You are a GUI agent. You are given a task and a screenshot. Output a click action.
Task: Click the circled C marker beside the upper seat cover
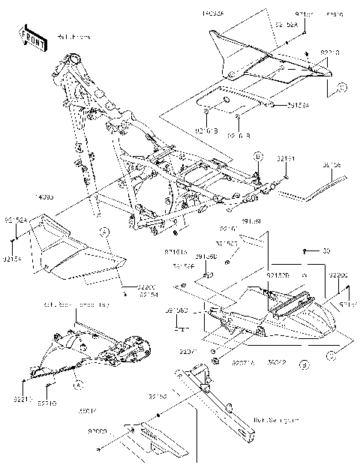[341, 88]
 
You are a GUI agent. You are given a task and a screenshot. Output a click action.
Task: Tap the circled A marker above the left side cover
[106, 230]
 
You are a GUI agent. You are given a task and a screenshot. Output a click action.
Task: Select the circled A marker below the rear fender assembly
[304, 365]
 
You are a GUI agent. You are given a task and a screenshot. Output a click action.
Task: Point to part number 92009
[98, 433]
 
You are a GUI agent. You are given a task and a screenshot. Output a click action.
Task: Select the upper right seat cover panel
[266, 60]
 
